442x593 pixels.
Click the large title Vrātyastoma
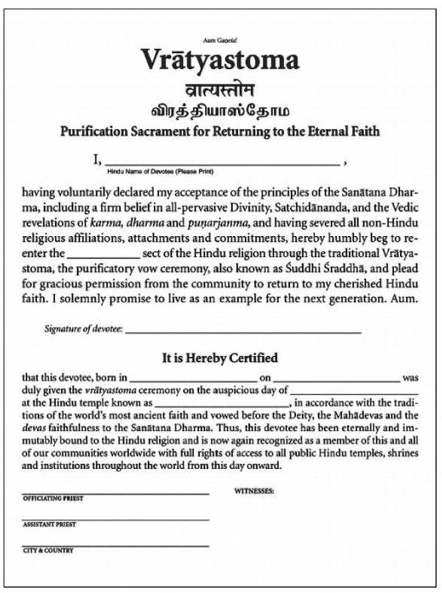pos(220,58)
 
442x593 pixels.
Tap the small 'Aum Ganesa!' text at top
pos(220,36)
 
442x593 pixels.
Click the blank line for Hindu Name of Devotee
pos(221,162)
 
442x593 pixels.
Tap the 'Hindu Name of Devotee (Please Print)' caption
pos(169,171)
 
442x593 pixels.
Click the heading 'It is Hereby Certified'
pos(220,359)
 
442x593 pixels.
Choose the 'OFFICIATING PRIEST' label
pos(53,499)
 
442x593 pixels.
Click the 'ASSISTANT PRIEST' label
pos(49,524)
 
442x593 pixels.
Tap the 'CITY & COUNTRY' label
pos(48,550)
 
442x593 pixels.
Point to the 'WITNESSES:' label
pos(254,490)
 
